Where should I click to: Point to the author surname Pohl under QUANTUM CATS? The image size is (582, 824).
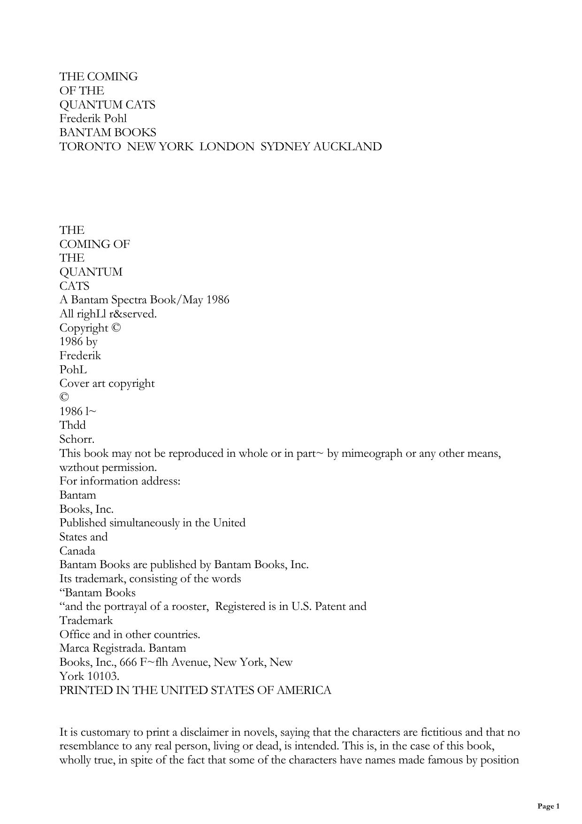pos(116,119)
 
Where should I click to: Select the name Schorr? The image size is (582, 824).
pos(77,439)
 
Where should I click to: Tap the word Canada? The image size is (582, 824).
pos(77,551)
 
